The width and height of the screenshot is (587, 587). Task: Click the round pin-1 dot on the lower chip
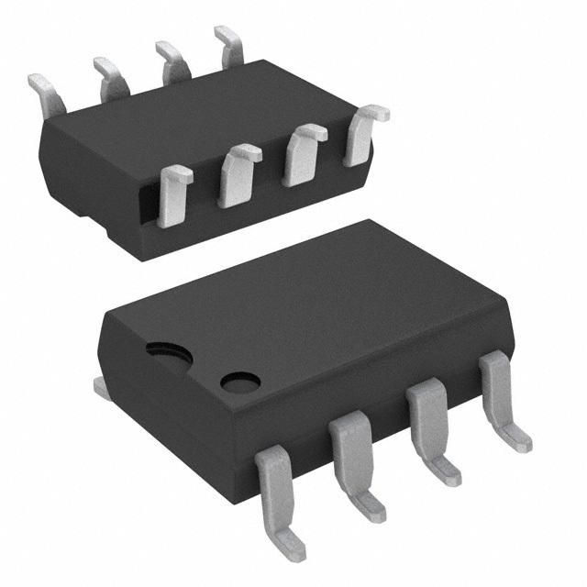(x=240, y=381)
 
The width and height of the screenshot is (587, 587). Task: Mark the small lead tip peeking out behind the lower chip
(x=102, y=389)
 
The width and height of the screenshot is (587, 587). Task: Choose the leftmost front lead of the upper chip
(x=172, y=194)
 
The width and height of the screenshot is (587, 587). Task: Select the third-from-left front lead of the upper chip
(x=303, y=153)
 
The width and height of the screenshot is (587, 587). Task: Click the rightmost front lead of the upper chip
(x=362, y=134)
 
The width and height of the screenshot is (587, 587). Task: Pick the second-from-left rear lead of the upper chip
(x=110, y=77)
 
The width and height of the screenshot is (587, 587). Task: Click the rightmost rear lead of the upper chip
(x=230, y=45)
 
